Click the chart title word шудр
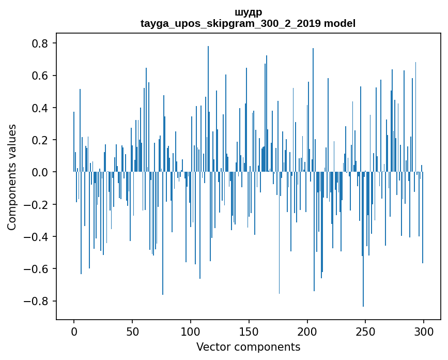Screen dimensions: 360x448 (x=248, y=12)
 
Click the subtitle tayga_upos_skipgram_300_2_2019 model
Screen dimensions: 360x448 (x=248, y=23)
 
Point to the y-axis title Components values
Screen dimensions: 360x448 (x=11, y=177)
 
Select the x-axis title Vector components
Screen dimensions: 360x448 (x=248, y=347)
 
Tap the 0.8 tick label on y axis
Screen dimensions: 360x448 (x=40, y=43)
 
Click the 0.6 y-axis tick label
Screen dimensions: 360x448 (x=40, y=76)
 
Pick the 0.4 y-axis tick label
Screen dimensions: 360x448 (x=40, y=108)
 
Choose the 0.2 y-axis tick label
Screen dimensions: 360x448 (x=40, y=140)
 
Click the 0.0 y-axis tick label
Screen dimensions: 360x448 (x=40, y=172)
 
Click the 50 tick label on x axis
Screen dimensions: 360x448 (x=132, y=331)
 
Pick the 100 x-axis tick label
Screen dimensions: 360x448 (x=191, y=331)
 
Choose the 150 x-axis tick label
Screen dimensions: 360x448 (x=249, y=331)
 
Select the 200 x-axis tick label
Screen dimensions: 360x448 (x=307, y=331)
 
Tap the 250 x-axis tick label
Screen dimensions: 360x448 (x=365, y=331)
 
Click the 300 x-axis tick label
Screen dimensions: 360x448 (x=424, y=331)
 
